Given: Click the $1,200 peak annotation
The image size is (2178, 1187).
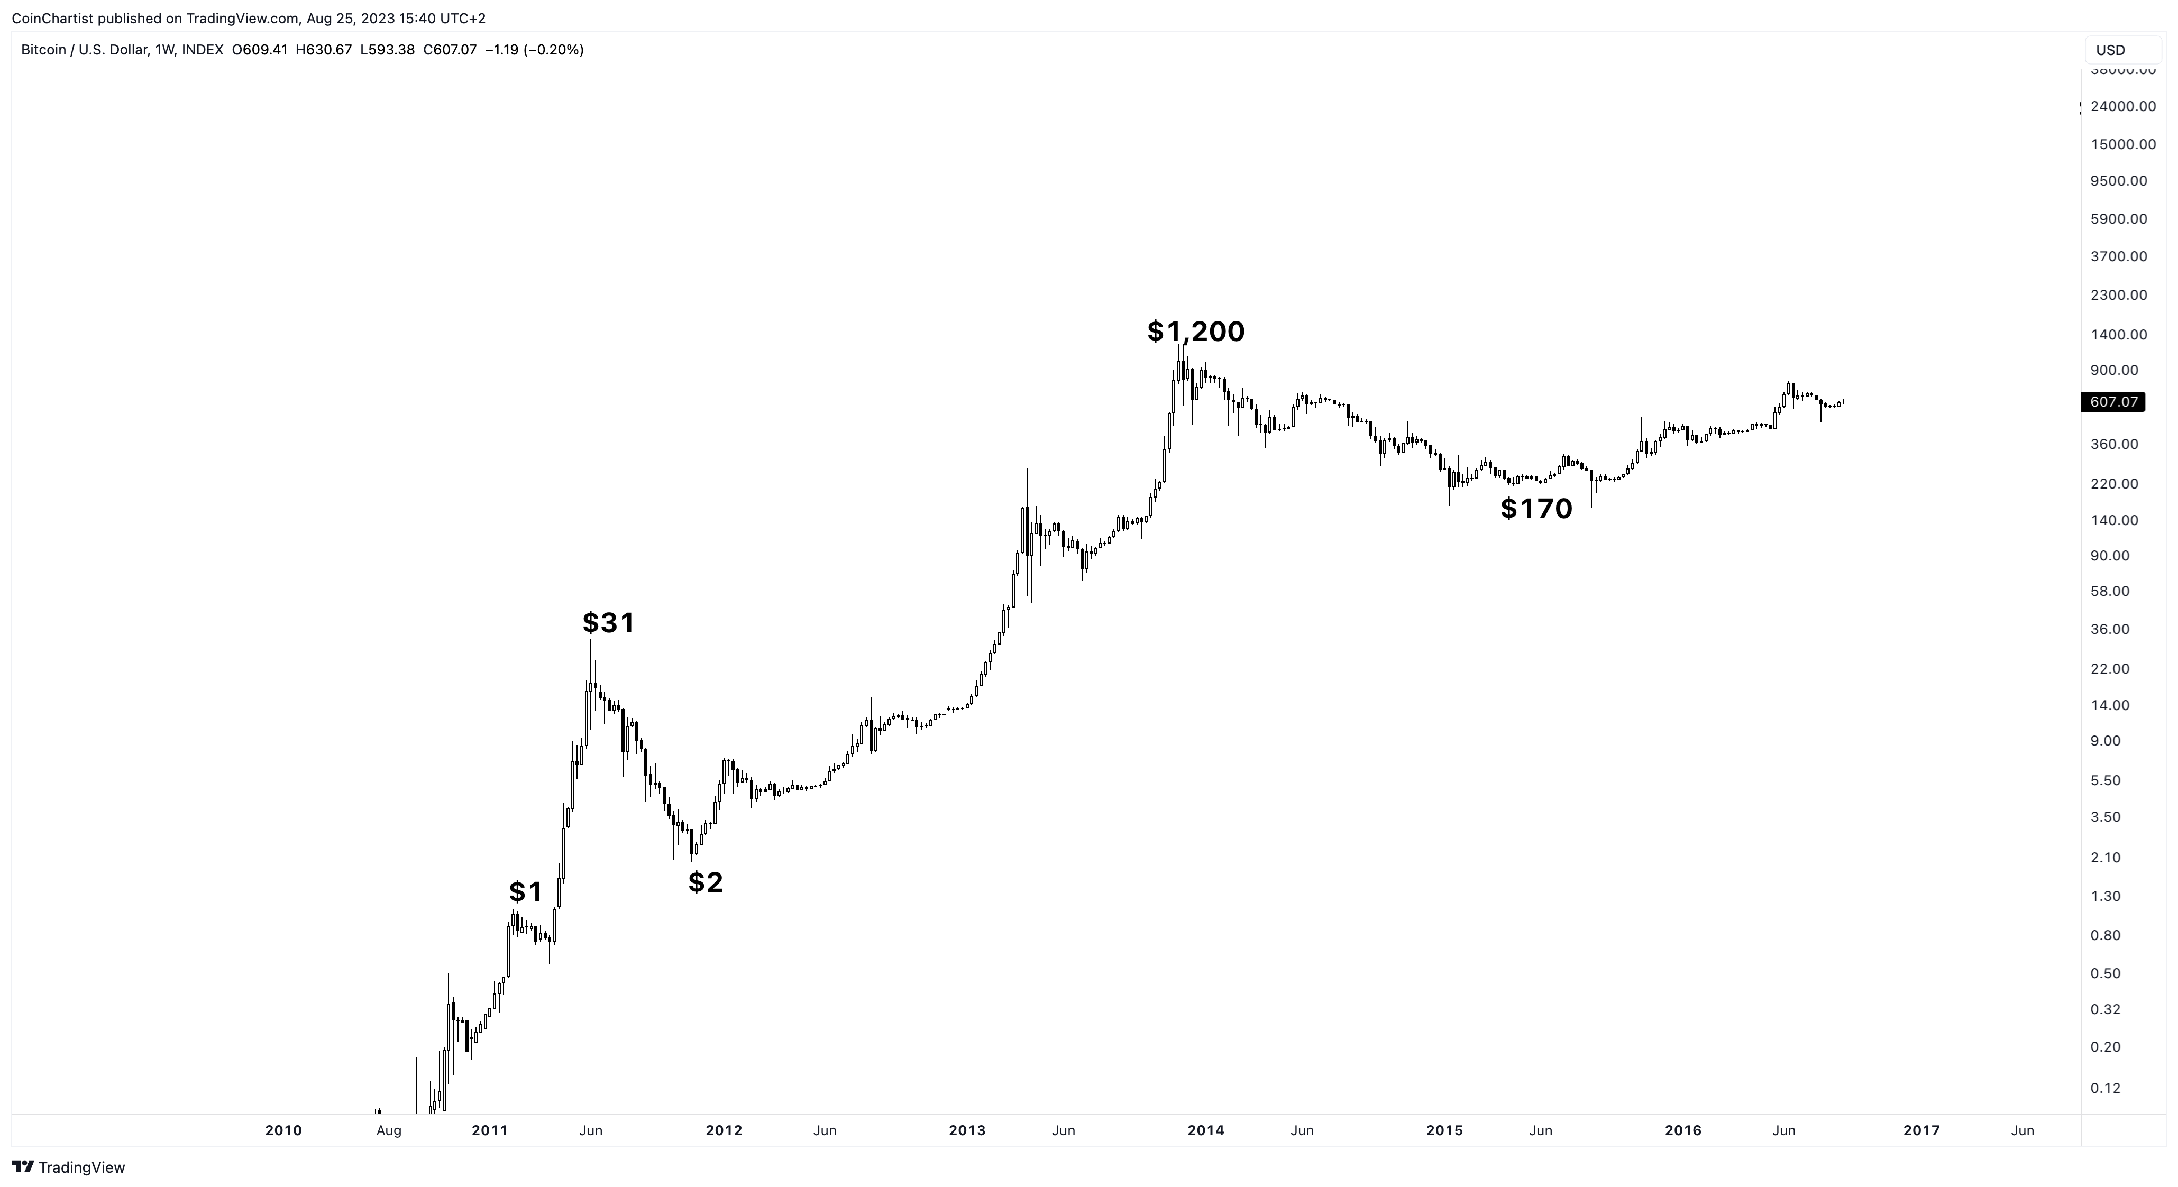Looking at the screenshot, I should [x=1195, y=332].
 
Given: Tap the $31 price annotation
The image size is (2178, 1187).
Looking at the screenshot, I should [x=608, y=623].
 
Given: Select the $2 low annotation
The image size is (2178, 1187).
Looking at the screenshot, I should [x=705, y=882].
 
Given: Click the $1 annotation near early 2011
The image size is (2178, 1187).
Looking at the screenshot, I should [x=525, y=892].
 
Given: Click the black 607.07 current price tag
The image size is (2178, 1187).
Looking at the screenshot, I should [x=2113, y=402].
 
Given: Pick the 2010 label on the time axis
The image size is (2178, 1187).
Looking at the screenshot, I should [x=283, y=1130].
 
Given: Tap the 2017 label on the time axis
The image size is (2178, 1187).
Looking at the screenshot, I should [x=1921, y=1130].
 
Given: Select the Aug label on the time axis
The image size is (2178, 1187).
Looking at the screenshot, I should [x=388, y=1130].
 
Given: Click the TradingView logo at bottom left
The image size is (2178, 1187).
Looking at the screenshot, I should [x=69, y=1167].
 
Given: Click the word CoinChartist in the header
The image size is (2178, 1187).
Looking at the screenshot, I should [x=52, y=19].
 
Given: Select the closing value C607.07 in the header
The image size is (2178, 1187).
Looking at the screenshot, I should [x=450, y=50].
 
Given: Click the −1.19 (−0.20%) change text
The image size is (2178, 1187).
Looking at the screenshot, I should [x=534, y=50].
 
